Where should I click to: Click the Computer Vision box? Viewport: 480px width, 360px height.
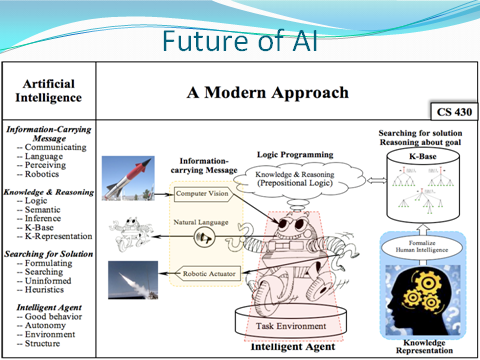coord(205,192)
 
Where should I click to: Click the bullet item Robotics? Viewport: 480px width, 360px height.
coord(44,173)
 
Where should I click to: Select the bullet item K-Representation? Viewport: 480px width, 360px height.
coord(59,236)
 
